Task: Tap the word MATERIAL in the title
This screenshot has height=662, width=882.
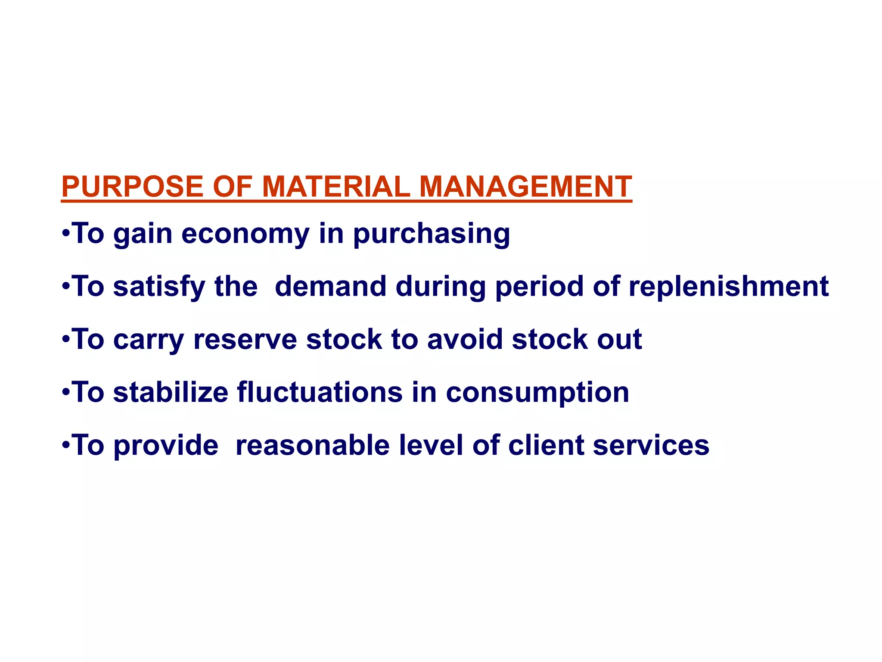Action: click(x=336, y=187)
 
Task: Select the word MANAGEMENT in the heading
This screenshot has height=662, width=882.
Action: click(x=525, y=187)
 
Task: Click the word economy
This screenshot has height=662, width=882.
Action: click(x=245, y=234)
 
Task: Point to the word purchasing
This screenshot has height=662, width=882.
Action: click(x=432, y=234)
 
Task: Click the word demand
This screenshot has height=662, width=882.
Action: click(x=331, y=287)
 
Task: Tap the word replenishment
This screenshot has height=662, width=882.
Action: click(x=729, y=287)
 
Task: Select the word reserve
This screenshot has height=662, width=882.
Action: click(x=245, y=340)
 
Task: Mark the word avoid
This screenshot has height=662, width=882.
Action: click(x=465, y=340)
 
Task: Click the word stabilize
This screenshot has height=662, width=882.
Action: click(x=171, y=393)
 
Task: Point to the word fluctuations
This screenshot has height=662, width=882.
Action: click(x=320, y=393)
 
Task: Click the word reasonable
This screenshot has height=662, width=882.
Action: click(x=313, y=445)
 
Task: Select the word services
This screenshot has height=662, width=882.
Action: click(x=651, y=445)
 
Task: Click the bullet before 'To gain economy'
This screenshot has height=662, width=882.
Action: click(x=65, y=234)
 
